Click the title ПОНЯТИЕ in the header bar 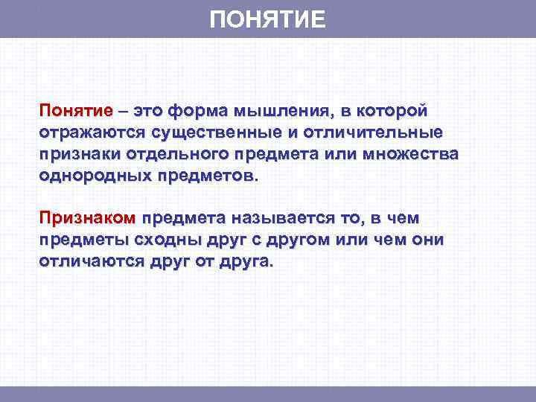coord(267,19)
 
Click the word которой coord(392,112)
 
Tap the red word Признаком coord(87,219)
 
